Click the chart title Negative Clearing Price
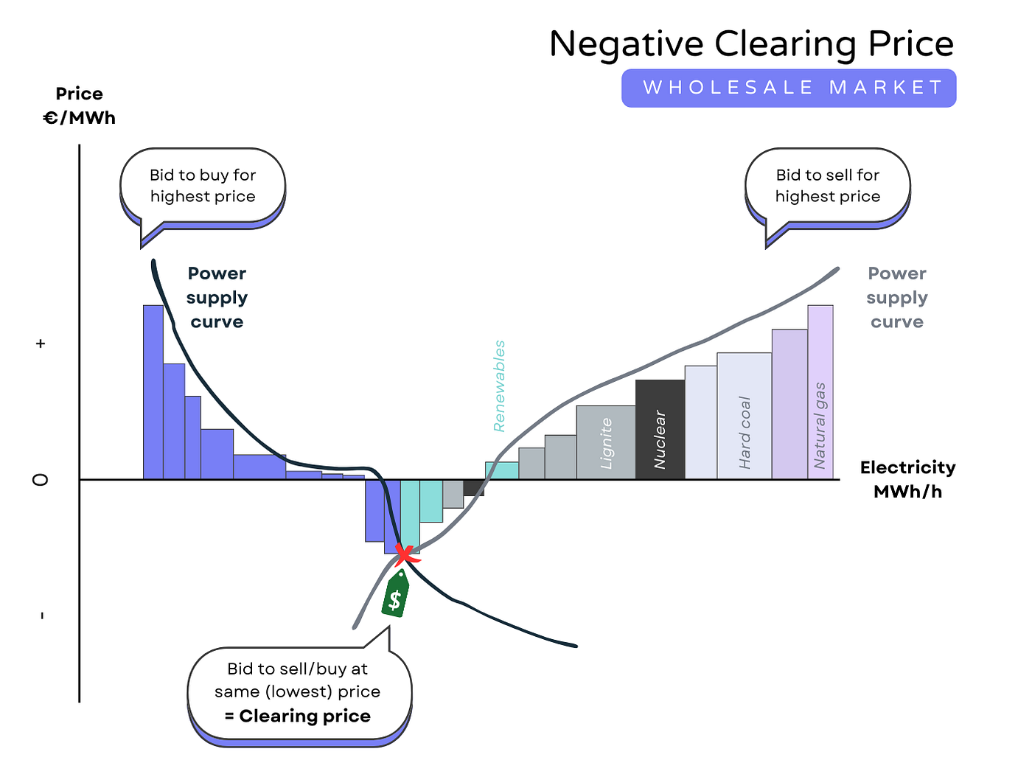pyautogui.click(x=751, y=44)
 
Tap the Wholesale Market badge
pyautogui.click(x=789, y=88)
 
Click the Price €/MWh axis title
pyautogui.click(x=80, y=106)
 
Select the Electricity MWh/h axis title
pyautogui.click(x=907, y=479)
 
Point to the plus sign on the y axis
pyautogui.click(x=41, y=344)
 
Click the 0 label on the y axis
pyautogui.click(x=41, y=480)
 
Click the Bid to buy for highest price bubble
pyautogui.click(x=203, y=186)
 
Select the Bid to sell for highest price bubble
pyautogui.click(x=827, y=186)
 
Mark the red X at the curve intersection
pyautogui.click(x=405, y=554)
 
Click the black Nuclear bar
pyautogui.click(x=660, y=430)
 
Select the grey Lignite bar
pyautogui.click(x=605, y=442)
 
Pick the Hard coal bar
pyautogui.click(x=744, y=416)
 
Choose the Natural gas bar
pyautogui.click(x=820, y=393)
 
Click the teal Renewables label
pyautogui.click(x=499, y=386)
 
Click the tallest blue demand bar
pyautogui.click(x=153, y=392)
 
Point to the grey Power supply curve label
pyautogui.click(x=896, y=298)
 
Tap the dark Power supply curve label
pyautogui.click(x=217, y=298)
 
